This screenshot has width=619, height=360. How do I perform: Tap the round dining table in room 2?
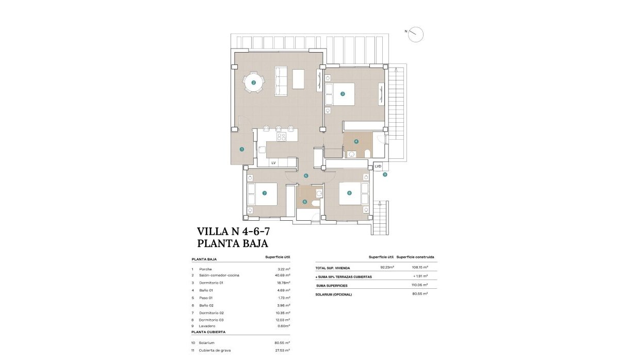coord(253,82)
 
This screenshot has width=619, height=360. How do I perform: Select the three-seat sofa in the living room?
coord(281,81)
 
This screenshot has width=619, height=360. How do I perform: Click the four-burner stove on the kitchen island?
coord(282,137)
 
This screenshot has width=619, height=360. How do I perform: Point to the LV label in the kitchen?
coord(273,163)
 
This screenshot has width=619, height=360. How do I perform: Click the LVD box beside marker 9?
coord(378,166)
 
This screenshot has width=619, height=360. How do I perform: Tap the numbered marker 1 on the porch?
coord(241,149)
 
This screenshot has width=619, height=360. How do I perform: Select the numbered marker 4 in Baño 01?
coord(356,141)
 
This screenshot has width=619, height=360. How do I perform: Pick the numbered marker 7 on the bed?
coord(264,193)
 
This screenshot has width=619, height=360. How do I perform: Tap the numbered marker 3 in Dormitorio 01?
coord(343,94)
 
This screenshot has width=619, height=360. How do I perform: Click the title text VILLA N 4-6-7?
coord(233,231)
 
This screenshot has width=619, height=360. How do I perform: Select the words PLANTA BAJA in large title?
coord(233,243)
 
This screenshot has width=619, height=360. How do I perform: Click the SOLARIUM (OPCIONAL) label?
coord(334,294)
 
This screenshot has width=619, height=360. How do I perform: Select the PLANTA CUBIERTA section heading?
coord(208,333)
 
